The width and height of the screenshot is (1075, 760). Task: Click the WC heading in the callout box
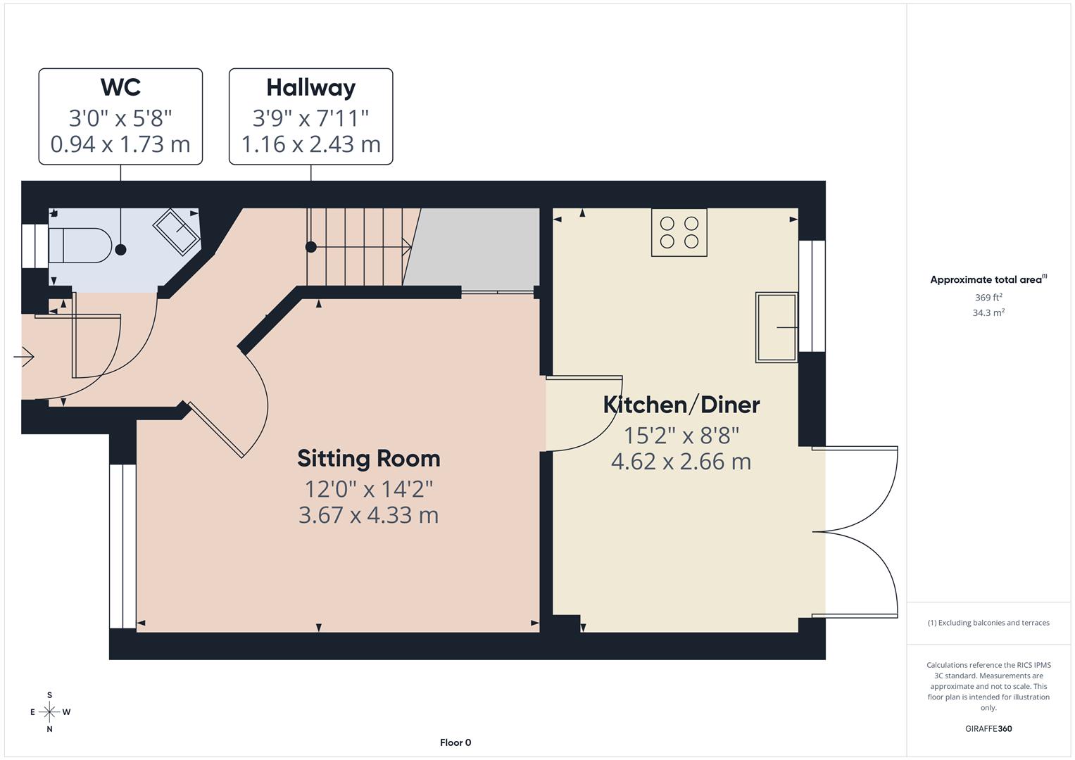120,87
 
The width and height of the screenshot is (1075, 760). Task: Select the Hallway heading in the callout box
310,87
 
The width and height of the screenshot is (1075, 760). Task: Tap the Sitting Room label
368,458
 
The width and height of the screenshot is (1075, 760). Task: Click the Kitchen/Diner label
681,405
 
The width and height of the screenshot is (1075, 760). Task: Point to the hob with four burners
679,233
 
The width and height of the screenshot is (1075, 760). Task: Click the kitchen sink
776,327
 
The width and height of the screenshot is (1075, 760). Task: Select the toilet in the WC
80,246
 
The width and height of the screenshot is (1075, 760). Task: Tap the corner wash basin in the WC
177,232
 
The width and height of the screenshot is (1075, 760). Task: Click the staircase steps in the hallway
356,246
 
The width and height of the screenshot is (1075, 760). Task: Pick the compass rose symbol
49,712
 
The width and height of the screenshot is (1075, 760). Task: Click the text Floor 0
455,742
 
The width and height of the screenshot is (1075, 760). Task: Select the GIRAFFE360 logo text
988,728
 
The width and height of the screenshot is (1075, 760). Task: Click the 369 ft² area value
988,298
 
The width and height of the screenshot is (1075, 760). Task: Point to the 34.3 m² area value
988,313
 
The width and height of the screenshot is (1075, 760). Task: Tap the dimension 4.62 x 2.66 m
681,462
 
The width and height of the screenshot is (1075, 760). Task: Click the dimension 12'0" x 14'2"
368,488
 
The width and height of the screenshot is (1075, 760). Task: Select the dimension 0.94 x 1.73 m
120,144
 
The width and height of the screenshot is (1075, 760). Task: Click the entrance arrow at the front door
24,357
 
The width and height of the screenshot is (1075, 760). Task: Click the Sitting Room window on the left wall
122,546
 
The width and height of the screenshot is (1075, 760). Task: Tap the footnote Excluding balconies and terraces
988,623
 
